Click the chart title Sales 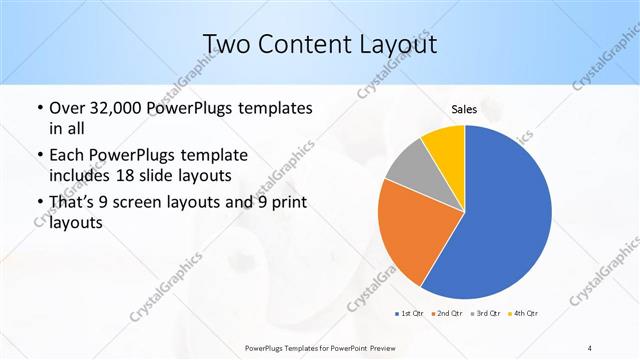[464, 109]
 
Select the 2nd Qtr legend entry [445, 315]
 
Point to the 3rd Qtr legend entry [485, 315]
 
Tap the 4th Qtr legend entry [523, 315]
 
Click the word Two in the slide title [224, 45]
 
